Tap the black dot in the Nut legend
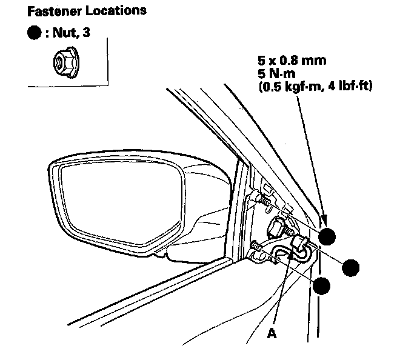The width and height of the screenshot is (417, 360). (35, 33)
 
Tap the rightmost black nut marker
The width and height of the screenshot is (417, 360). (350, 266)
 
